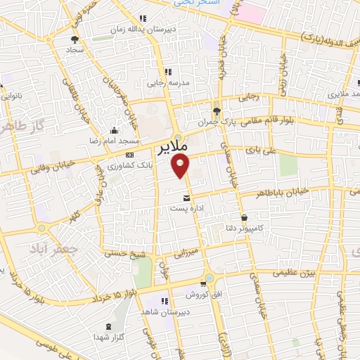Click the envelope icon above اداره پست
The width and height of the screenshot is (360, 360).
(x=186, y=198)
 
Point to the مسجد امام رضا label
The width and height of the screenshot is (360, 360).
(x=115, y=141)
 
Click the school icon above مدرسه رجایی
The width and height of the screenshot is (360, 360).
(x=168, y=72)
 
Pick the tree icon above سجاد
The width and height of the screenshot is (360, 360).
(x=75, y=39)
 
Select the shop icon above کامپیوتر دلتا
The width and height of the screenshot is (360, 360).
(x=244, y=217)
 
